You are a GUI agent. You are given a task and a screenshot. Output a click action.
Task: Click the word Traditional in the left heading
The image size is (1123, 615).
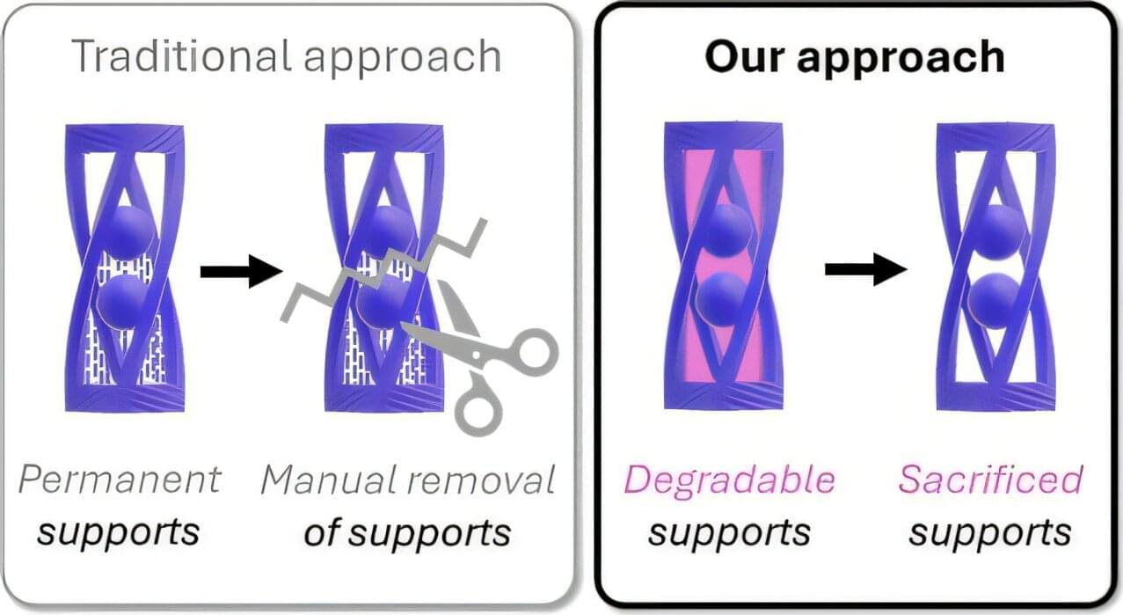[x=180, y=55]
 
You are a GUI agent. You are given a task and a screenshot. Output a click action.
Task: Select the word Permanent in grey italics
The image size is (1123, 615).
[x=119, y=480]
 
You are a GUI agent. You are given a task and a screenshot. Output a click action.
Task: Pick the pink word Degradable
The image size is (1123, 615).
[x=729, y=480]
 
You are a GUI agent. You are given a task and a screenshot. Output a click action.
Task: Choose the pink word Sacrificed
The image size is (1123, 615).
[x=990, y=480]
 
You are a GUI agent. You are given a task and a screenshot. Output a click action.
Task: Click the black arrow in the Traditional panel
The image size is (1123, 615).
[x=240, y=271]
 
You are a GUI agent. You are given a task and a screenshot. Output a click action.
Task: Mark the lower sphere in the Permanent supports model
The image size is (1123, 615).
[x=123, y=301]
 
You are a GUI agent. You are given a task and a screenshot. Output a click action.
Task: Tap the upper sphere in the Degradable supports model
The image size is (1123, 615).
[x=726, y=231]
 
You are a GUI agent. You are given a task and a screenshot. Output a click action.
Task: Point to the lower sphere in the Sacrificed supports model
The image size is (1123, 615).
[x=994, y=299]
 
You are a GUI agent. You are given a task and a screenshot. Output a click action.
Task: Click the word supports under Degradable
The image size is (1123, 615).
[x=729, y=532]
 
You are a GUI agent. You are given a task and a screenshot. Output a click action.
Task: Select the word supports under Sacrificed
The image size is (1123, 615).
[x=990, y=532]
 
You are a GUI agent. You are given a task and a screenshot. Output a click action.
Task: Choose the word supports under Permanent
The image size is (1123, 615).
[x=119, y=532]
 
